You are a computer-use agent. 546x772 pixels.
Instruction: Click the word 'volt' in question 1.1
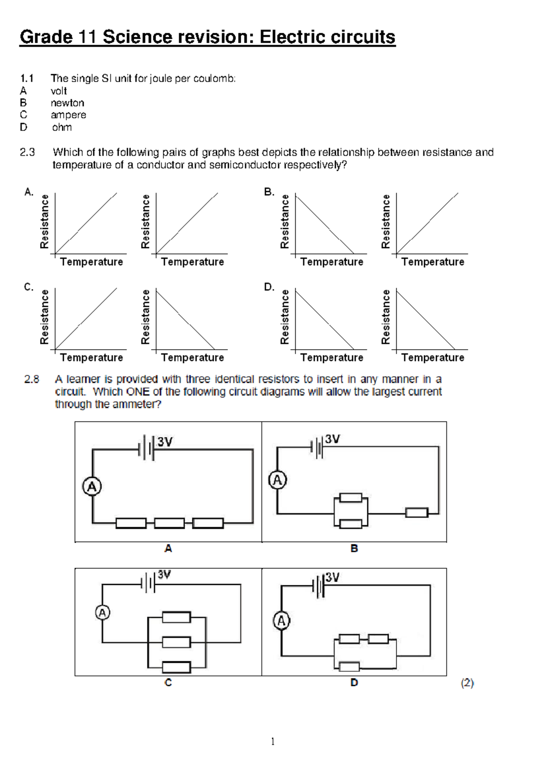[x=59, y=91]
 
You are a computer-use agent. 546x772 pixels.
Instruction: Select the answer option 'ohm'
[x=61, y=127]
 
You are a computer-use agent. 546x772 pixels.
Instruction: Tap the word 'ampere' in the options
[x=68, y=115]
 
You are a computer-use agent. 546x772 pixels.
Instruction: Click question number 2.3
[x=27, y=152]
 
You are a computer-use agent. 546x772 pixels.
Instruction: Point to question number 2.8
[x=32, y=379]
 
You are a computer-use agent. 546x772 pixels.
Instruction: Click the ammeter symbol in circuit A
[x=92, y=487]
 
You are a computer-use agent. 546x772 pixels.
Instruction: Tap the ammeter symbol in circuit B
[x=278, y=480]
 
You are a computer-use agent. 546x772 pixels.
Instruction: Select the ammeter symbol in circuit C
[x=102, y=613]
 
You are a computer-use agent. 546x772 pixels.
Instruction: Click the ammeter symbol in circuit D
[x=282, y=621]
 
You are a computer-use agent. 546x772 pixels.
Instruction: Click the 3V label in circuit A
[x=165, y=442]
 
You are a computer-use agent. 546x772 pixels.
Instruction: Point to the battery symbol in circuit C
[x=148, y=583]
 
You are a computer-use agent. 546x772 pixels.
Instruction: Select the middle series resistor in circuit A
[x=169, y=523]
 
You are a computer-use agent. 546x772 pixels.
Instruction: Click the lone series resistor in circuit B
[x=417, y=513]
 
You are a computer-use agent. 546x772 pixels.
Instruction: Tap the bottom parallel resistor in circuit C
[x=177, y=667]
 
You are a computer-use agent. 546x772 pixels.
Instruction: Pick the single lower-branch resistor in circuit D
[x=349, y=667]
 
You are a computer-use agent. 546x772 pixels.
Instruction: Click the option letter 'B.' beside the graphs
[x=269, y=192]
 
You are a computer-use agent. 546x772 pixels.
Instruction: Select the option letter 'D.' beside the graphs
[x=269, y=287]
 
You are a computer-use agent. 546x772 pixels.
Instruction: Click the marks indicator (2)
[x=467, y=683]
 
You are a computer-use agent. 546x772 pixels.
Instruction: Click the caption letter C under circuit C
[x=168, y=683]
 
